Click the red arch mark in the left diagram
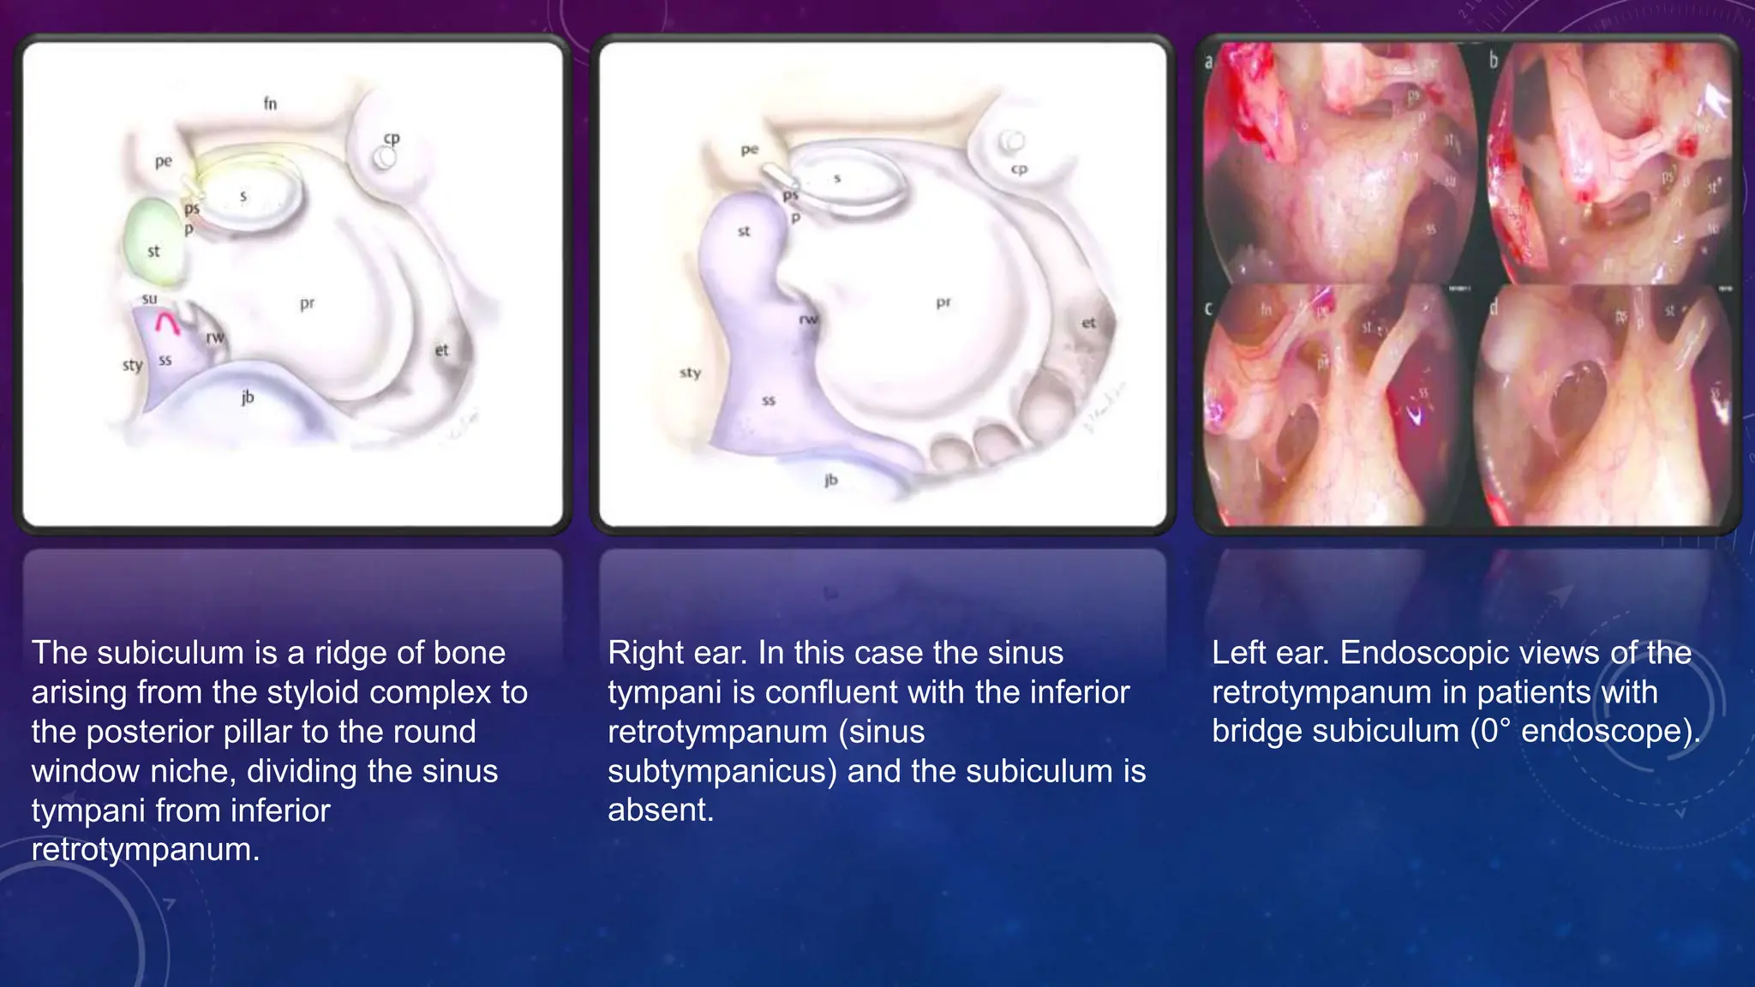coord(167,324)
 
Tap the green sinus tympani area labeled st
coord(154,242)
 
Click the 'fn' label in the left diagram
coord(270,104)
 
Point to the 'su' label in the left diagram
coord(150,299)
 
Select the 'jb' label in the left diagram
coord(248,397)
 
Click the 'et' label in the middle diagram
coord(1088,323)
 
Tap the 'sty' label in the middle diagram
coord(690,373)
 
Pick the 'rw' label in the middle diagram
coord(808,320)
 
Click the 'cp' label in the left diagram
coord(392,138)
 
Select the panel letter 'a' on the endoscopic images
coord(1209,61)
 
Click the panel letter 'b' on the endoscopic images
coord(1494,60)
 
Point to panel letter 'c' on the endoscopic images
coord(1209,308)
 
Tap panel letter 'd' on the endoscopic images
coord(1494,308)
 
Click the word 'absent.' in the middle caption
coord(660,810)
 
